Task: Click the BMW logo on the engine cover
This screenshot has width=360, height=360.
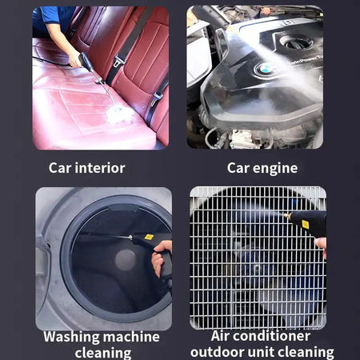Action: tap(265, 70)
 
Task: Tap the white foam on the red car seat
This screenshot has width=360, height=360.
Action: tap(120, 114)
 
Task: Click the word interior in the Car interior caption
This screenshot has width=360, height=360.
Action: tap(100, 168)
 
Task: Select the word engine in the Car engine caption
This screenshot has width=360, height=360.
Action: tap(276, 168)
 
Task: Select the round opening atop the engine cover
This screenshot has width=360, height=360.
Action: tap(296, 41)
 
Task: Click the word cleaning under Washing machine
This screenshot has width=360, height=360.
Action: tap(103, 353)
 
